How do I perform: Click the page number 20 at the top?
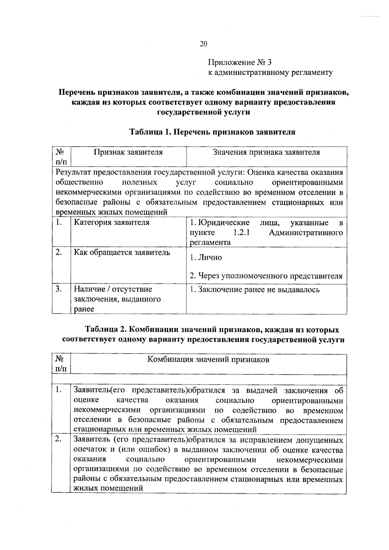pos(203,44)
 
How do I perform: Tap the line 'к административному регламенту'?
pos(270,72)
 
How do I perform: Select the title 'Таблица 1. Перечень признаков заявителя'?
pos(212,132)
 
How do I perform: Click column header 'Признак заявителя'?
pos(128,152)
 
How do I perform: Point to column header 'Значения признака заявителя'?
pos(266,152)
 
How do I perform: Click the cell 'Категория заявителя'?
pos(112,222)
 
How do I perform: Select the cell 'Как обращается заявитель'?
pos(122,252)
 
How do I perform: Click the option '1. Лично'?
pos(206,257)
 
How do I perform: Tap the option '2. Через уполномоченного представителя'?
pos(266,276)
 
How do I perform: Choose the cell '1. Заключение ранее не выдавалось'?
pos(255,289)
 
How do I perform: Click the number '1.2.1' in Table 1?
pos(241,233)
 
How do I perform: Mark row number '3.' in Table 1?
pos(59,289)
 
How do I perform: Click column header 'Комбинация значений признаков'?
pos(208,359)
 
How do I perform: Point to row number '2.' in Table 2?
pos(58,439)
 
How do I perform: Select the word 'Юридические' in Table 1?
pos(224,223)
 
